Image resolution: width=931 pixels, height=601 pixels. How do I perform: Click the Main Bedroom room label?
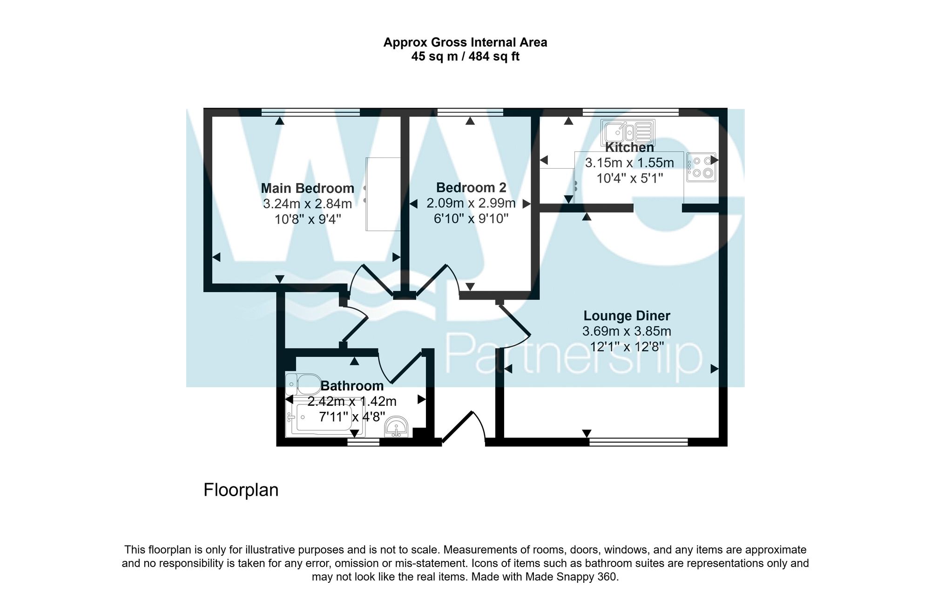click(x=307, y=188)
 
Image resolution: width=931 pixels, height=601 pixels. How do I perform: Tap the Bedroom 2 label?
click(x=471, y=187)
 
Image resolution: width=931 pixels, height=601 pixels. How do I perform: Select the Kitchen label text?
click(x=629, y=148)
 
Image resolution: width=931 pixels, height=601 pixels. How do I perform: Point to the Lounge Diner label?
click(x=627, y=316)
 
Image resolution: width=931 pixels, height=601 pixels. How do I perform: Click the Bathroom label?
click(x=352, y=386)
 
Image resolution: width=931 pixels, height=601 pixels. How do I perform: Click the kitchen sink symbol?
click(x=627, y=131)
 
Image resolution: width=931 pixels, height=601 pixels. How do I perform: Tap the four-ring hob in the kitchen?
click(x=701, y=167)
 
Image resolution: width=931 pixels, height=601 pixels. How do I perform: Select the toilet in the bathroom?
click(x=303, y=384)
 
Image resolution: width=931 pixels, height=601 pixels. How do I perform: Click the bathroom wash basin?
click(x=397, y=427)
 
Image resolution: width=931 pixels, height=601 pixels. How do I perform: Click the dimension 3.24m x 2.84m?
click(x=307, y=204)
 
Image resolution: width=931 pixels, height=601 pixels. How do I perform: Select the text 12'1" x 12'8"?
click(x=627, y=347)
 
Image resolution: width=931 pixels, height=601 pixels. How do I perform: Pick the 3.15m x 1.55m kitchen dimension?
click(x=629, y=163)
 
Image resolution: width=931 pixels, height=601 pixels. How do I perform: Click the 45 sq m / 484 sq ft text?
click(x=465, y=57)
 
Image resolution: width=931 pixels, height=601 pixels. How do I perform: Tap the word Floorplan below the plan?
click(x=241, y=490)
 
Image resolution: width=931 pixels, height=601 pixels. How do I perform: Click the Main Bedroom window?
click(x=310, y=112)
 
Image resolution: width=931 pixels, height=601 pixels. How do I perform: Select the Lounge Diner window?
click(x=638, y=441)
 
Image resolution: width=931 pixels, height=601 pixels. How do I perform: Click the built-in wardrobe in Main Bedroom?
click(x=383, y=194)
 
